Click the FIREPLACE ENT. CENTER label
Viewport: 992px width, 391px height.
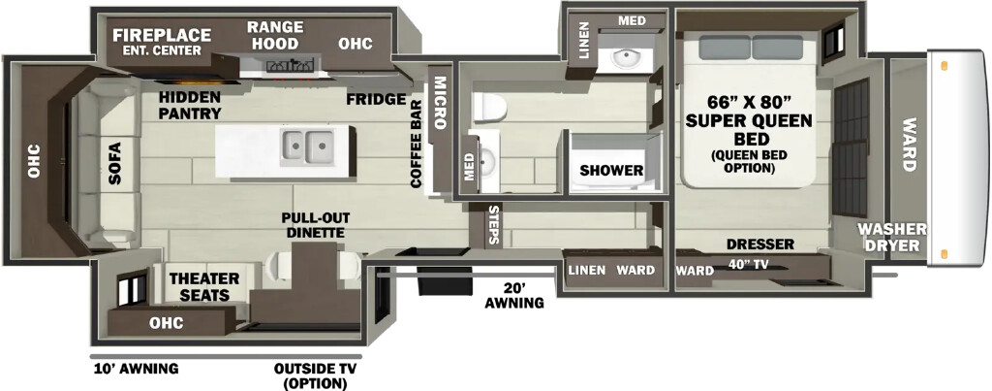162,42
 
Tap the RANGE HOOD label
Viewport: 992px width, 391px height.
274,36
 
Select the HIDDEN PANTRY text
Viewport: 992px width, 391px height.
190,105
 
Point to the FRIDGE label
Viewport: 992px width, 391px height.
376,100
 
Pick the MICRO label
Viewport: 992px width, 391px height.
441,103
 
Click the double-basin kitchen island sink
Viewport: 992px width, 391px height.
307,147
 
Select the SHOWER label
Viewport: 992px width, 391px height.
612,171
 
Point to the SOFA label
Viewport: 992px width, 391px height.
114,163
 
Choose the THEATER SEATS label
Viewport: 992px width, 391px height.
204,287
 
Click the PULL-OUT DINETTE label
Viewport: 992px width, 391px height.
316,225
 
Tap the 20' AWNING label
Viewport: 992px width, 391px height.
514,295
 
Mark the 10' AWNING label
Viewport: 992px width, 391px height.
136,369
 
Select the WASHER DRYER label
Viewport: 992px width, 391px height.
892,237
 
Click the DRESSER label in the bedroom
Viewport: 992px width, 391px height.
759,244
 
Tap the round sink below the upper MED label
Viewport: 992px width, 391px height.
627,58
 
